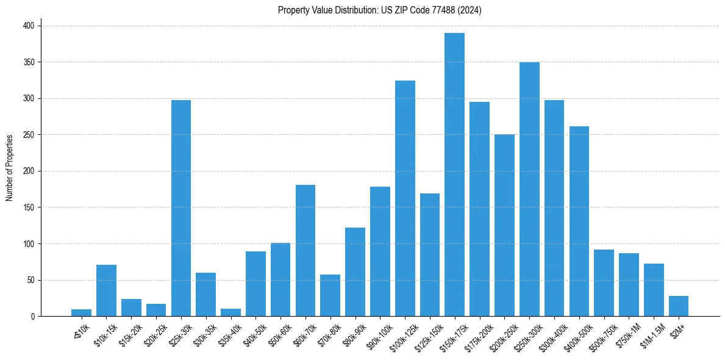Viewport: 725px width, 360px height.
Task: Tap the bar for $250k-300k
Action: click(529, 189)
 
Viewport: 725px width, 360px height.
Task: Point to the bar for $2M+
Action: click(679, 306)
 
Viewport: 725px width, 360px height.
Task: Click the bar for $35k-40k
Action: click(230, 312)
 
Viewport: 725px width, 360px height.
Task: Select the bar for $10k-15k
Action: click(106, 290)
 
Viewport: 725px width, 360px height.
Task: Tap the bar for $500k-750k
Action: click(604, 283)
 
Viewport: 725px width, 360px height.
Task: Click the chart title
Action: click(379, 10)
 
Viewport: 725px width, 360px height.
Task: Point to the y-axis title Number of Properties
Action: click(9, 167)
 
